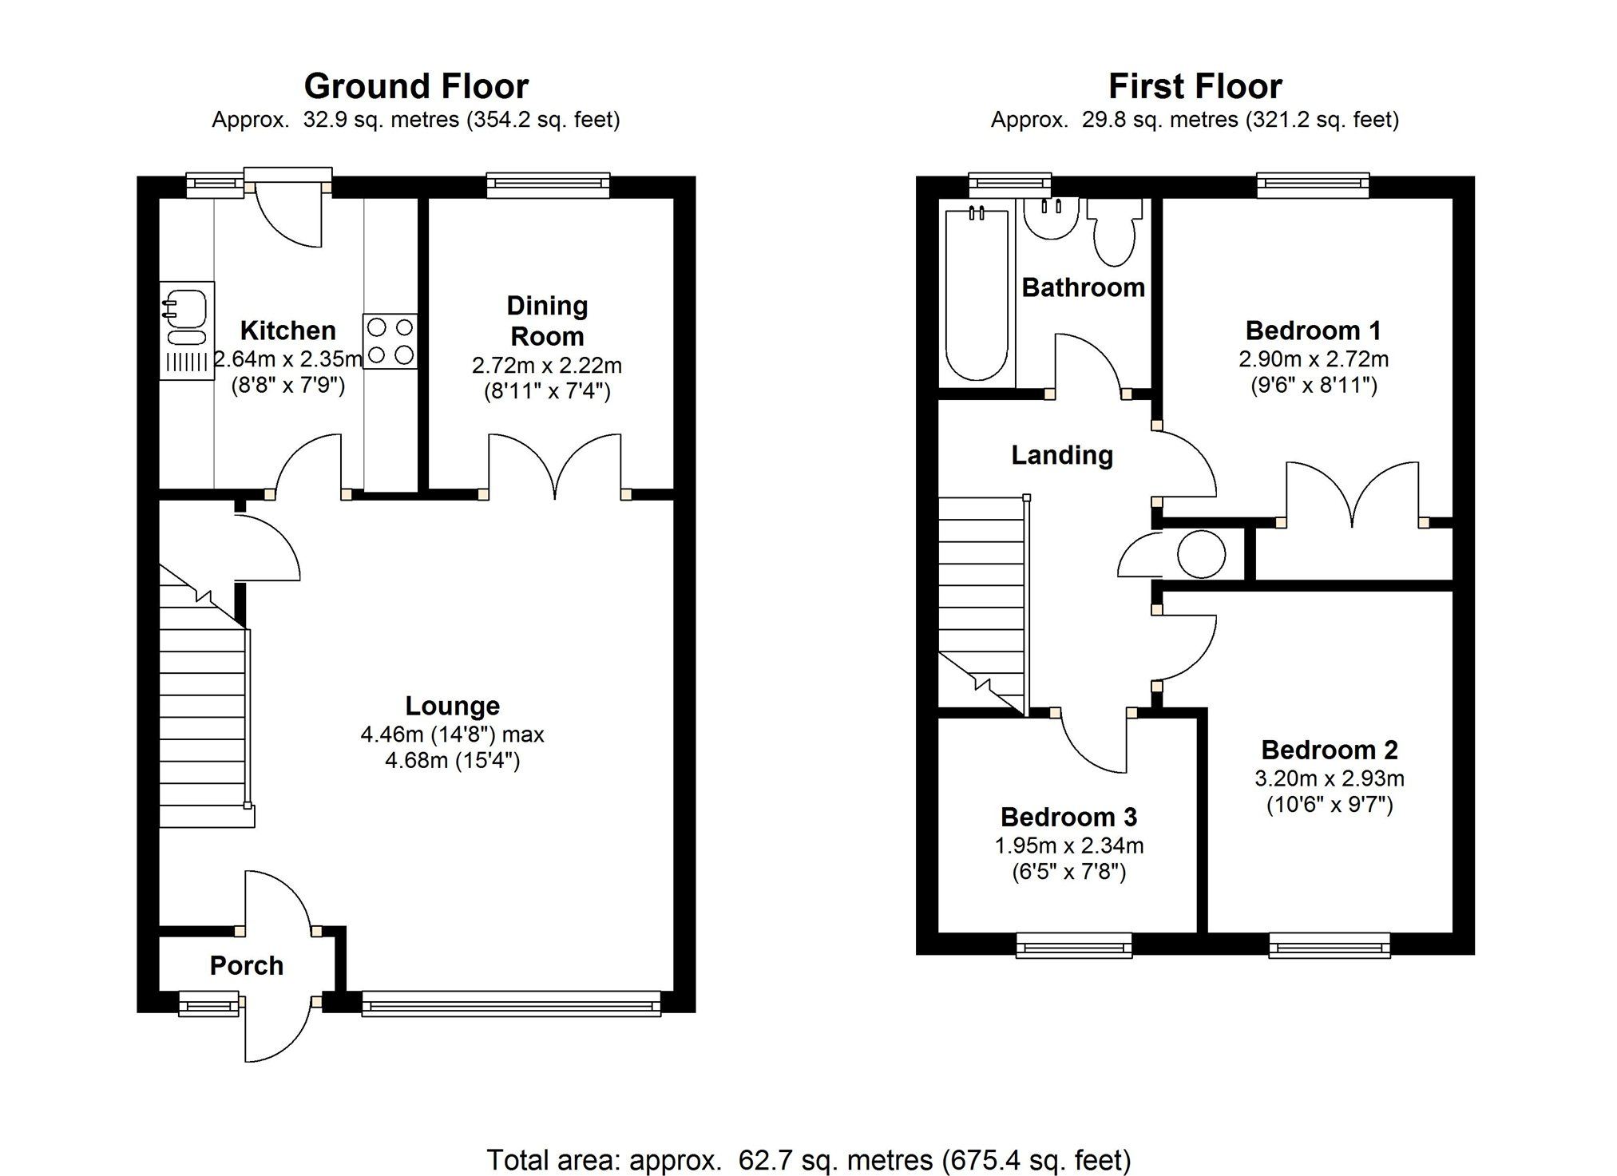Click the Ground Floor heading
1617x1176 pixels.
coord(416,86)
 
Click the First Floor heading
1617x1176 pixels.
coord(1195,86)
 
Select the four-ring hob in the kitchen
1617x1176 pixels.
coord(390,341)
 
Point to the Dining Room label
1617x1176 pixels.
coord(547,320)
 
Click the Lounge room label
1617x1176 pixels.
coord(453,706)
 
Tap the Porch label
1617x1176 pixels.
coord(247,965)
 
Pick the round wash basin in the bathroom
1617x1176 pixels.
coord(1051,217)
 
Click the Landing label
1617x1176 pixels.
coord(1062,455)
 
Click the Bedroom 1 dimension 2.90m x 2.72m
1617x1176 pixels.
coord(1314,359)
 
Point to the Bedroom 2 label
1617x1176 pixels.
coord(1330,750)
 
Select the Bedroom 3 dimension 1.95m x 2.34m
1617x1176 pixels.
coord(1068,845)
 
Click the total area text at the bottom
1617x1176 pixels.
coord(808,1159)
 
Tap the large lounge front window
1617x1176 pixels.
coord(511,1004)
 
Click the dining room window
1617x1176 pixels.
coord(548,186)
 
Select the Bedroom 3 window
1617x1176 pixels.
coord(1074,946)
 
